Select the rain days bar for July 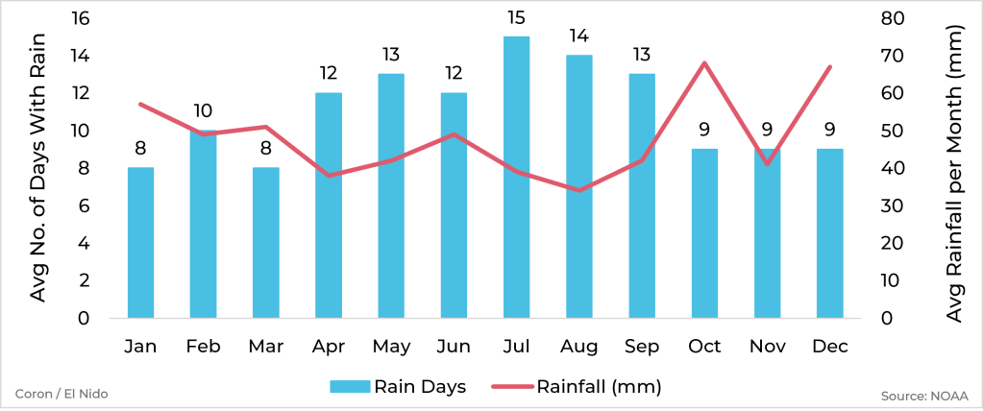(x=516, y=178)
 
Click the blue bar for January (x=140, y=243)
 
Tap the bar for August (x=578, y=187)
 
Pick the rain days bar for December (x=829, y=233)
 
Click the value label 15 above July (x=516, y=19)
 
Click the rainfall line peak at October (x=704, y=63)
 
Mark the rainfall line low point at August (x=578, y=190)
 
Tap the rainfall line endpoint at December (x=829, y=67)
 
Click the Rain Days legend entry (x=398, y=387)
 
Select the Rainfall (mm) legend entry (x=577, y=387)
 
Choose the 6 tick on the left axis (x=85, y=205)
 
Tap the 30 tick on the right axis (x=892, y=205)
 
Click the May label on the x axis (x=391, y=346)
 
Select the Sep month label (x=642, y=346)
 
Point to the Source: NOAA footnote (x=924, y=395)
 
